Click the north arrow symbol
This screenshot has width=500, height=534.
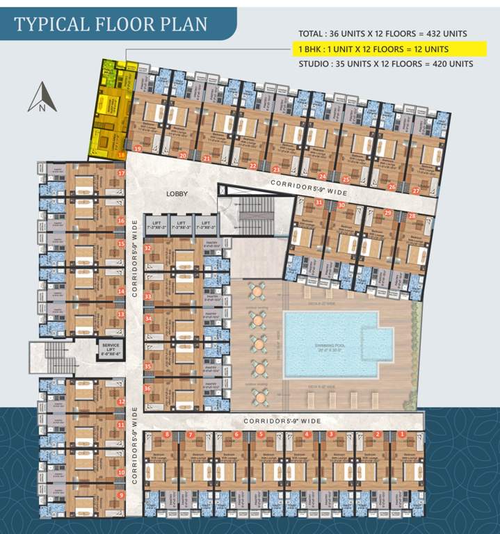point(42,97)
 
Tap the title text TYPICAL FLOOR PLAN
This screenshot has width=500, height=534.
point(111,24)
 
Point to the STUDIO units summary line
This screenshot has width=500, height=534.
point(385,63)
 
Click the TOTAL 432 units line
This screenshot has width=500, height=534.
point(382,33)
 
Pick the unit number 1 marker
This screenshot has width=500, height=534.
point(401,435)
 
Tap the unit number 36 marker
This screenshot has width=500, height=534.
point(147,389)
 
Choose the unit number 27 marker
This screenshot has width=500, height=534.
point(416,190)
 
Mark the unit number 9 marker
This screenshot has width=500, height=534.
point(121,495)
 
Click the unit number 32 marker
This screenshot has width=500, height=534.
point(147,248)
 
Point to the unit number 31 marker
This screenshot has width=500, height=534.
point(318,202)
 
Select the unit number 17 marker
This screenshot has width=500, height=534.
point(121,173)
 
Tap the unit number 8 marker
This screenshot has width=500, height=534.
point(167,435)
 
